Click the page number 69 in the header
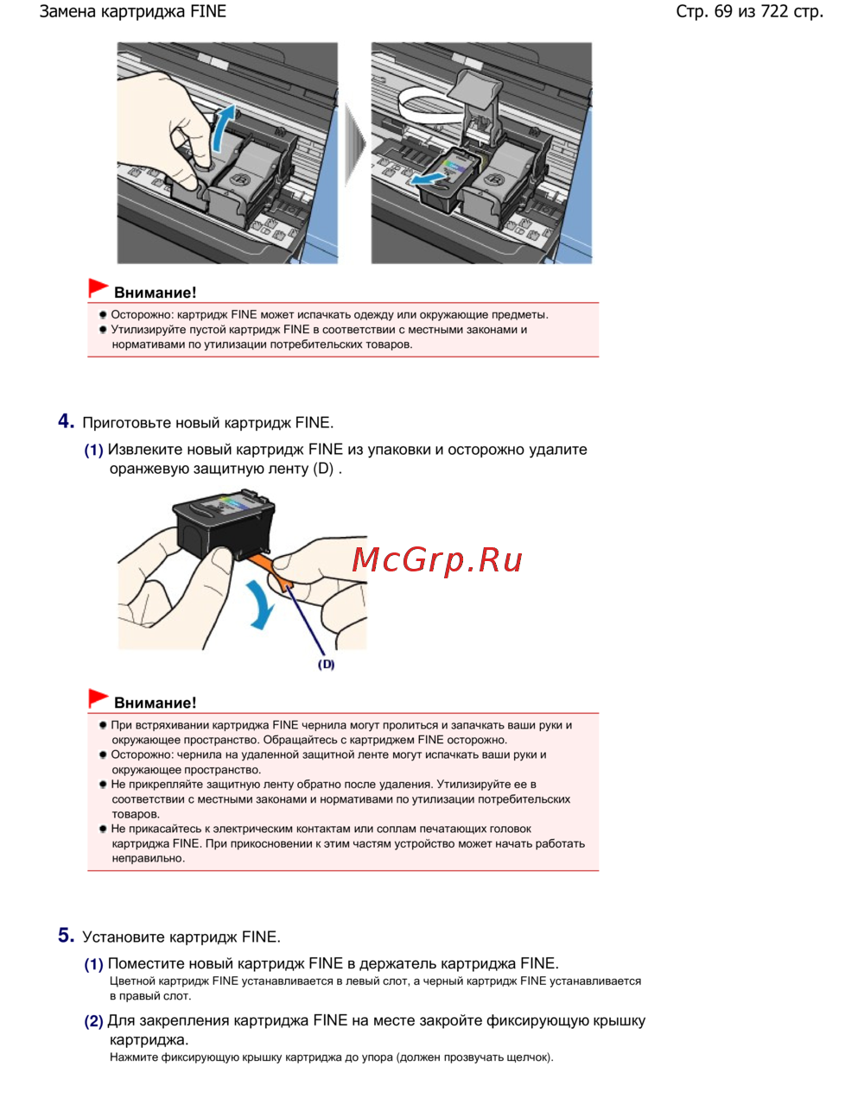point(723,11)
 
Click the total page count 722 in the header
point(774,11)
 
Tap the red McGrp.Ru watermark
point(437,561)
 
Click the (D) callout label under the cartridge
point(326,665)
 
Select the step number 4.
point(66,421)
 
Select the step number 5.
point(66,936)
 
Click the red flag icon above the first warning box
point(98,287)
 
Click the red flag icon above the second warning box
point(98,698)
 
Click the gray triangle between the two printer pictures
point(354,144)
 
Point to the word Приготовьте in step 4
point(127,423)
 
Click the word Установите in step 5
point(124,937)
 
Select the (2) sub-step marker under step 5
point(93,1021)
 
